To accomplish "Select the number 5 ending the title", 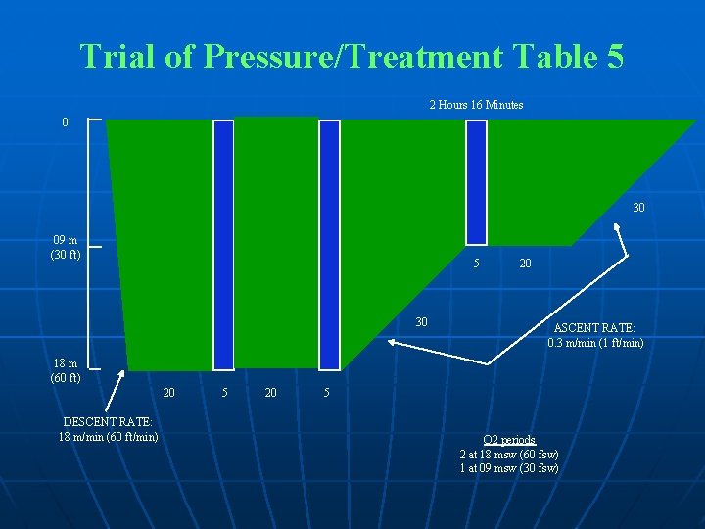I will (614, 56).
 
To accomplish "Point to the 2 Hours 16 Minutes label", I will (476, 105).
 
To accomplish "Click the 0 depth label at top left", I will (65, 123).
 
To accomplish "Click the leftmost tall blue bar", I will (224, 244).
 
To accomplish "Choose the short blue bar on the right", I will (476, 181).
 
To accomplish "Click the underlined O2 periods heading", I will (509, 440).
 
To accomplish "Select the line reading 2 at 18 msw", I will (509, 454).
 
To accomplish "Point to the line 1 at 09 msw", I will (509, 467).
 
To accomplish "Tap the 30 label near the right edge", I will (638, 208).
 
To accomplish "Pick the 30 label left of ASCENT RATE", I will (421, 322).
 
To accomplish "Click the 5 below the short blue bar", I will (476, 263).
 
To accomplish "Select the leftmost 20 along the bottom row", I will (169, 394).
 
